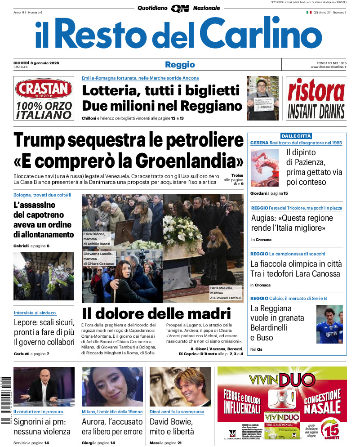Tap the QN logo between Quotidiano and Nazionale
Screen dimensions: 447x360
[x=180, y=8]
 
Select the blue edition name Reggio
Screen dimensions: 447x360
[x=180, y=64]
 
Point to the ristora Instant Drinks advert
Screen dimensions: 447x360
[x=316, y=98]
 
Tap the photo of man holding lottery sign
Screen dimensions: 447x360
[x=262, y=98]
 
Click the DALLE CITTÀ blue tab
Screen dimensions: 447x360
[x=296, y=136]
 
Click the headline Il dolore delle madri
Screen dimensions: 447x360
[x=156, y=313]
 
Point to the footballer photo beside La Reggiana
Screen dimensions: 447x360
[x=329, y=324]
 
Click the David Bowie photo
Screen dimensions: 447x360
[x=180, y=387]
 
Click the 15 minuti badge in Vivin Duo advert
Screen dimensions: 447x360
[x=331, y=431]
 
